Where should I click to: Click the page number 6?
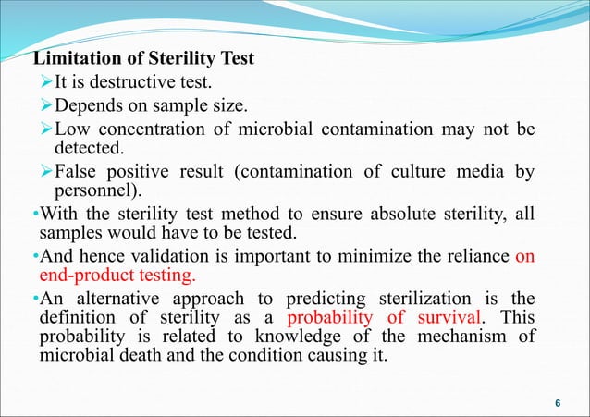[557, 401]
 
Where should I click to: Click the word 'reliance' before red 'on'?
[472, 261]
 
